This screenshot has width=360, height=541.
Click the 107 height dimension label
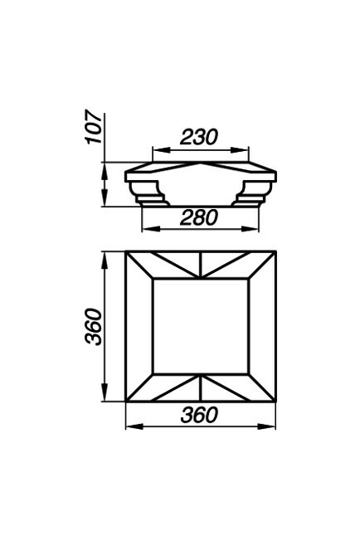[x=94, y=127]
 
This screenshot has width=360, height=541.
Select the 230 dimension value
[x=199, y=137]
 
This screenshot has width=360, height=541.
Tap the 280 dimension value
[x=199, y=217]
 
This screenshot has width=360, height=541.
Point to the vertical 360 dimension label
[x=94, y=326]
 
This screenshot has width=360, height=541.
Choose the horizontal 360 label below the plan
[x=199, y=415]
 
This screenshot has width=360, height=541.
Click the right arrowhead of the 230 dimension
[x=240, y=150]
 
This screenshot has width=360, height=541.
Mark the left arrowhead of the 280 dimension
[x=151, y=229]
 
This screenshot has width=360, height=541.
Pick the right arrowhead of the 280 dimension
[x=250, y=229]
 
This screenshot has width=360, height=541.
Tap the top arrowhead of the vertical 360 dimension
[x=105, y=261]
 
